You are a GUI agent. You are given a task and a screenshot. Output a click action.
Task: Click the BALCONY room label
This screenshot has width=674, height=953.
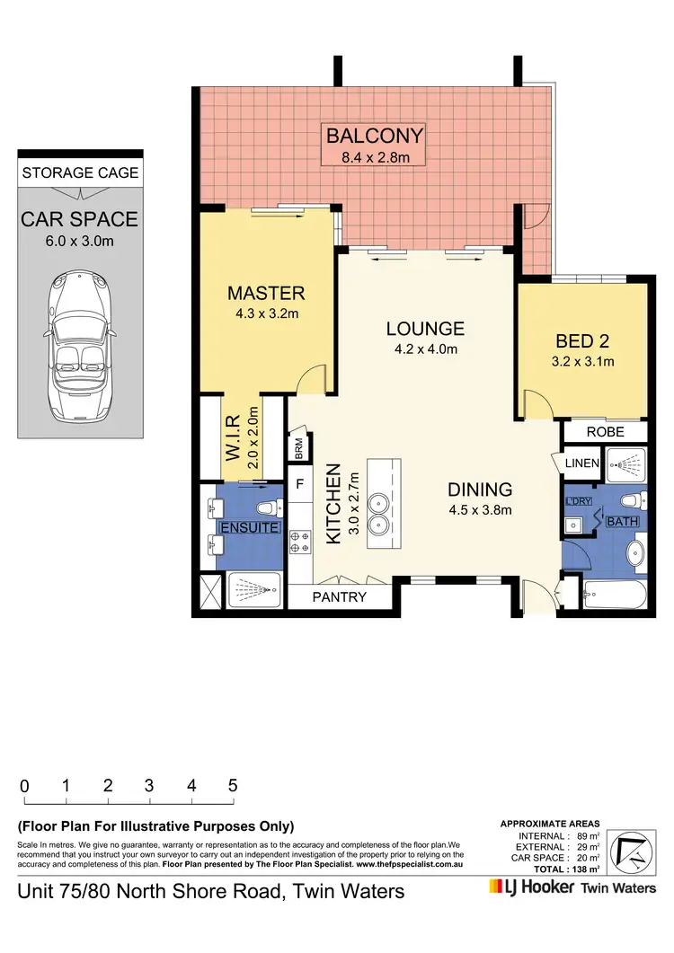pyautogui.click(x=374, y=137)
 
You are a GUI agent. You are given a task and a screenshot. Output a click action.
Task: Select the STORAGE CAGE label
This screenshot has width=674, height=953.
pyautogui.click(x=80, y=172)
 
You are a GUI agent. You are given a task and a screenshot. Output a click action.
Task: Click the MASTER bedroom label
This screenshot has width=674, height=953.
pyautogui.click(x=266, y=293)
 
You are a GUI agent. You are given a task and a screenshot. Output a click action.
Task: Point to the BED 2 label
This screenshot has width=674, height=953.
pyautogui.click(x=582, y=341)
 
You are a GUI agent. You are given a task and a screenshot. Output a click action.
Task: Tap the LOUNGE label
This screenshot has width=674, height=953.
pyautogui.click(x=426, y=329)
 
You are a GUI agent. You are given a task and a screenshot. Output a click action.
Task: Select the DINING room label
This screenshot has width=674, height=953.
pyautogui.click(x=481, y=490)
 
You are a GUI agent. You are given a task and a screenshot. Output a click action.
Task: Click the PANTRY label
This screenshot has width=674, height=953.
pyautogui.click(x=338, y=596)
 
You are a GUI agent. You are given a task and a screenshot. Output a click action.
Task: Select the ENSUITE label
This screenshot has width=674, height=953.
pyautogui.click(x=251, y=527)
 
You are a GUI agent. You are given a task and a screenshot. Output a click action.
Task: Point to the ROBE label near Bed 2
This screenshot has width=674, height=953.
pyautogui.click(x=605, y=432)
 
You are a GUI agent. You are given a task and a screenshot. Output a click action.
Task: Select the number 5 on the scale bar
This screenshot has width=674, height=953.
pyautogui.click(x=233, y=785)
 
